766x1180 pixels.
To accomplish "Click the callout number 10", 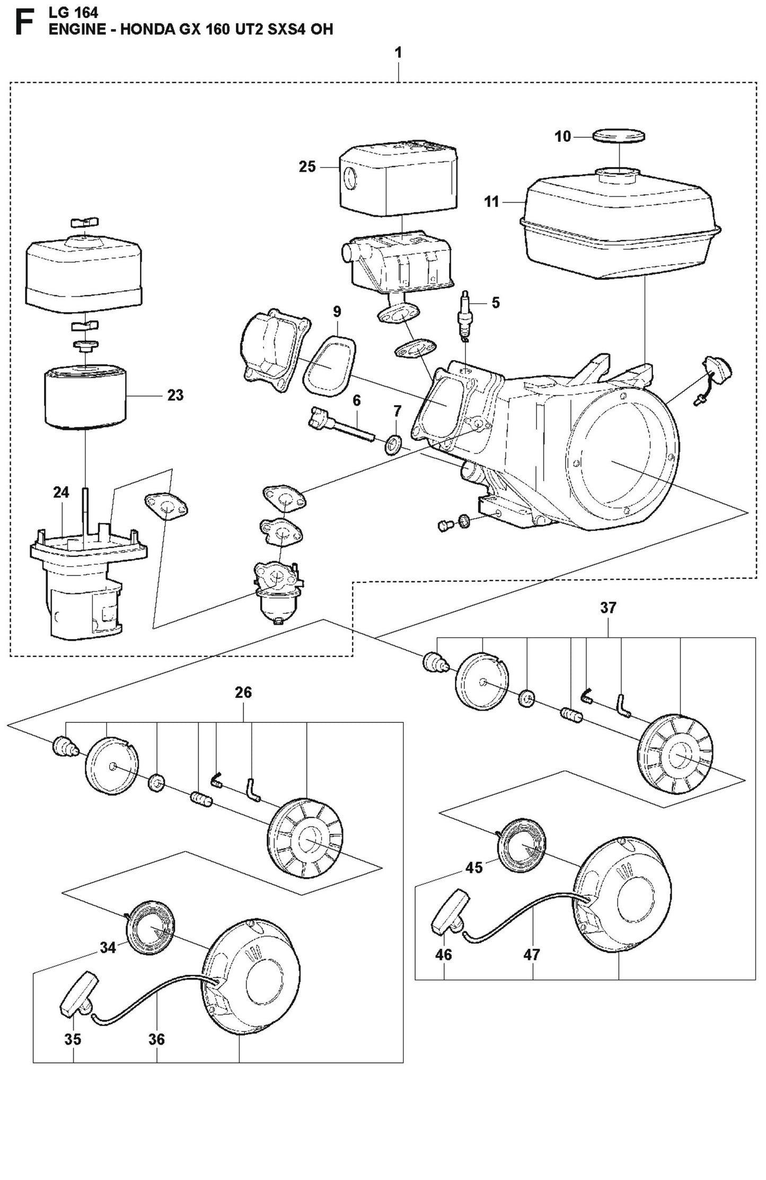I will click(x=562, y=136).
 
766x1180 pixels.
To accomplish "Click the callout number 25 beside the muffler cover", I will click(x=307, y=167).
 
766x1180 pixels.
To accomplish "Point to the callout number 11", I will click(x=492, y=202).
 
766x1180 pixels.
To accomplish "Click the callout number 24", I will click(x=61, y=492).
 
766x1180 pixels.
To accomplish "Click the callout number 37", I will click(x=608, y=608).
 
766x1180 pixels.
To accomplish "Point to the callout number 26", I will click(x=243, y=693).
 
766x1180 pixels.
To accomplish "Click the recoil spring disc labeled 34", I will click(x=150, y=938).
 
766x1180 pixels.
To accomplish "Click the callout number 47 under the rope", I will click(x=531, y=955).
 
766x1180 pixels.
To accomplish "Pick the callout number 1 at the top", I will click(x=398, y=53).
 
